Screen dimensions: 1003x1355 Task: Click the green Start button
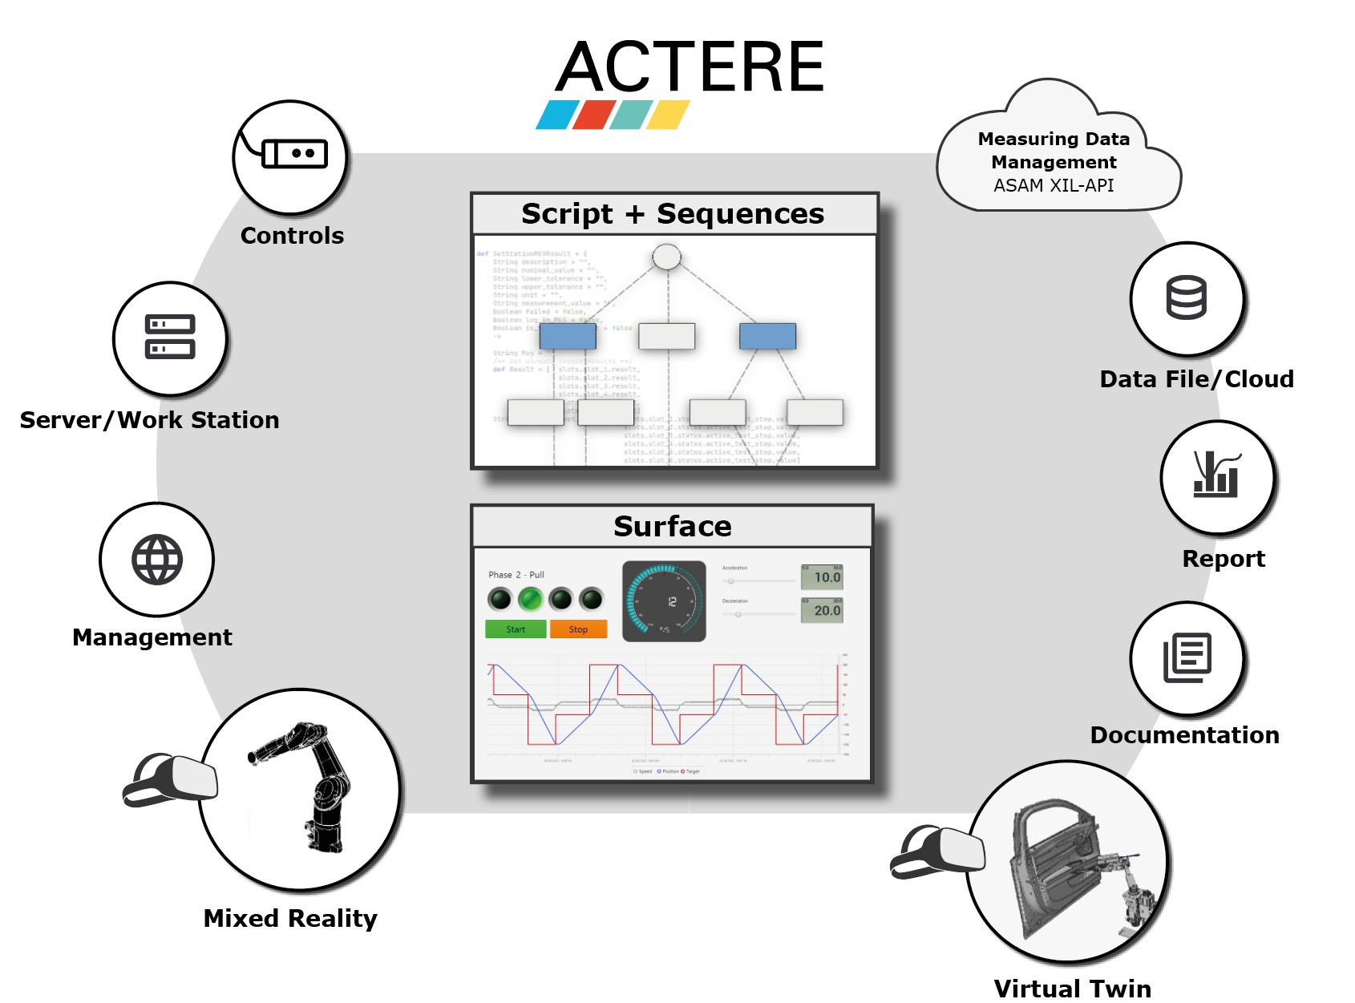click(516, 629)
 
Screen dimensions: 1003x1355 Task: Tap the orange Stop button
click(578, 629)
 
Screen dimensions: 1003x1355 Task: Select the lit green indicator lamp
click(530, 599)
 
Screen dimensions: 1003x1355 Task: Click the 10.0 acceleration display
click(822, 577)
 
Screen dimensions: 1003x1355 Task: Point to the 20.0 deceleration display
click(822, 610)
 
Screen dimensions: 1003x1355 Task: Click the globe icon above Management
click(157, 559)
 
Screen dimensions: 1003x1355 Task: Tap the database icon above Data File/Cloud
click(1186, 297)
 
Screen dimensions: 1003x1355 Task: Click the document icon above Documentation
click(1187, 658)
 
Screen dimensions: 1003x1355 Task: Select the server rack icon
click(170, 337)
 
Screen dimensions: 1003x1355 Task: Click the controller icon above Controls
click(293, 153)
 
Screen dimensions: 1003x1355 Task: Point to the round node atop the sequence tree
click(666, 257)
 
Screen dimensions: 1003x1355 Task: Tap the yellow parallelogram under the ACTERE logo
click(668, 115)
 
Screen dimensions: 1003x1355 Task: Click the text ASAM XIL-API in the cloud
click(1054, 186)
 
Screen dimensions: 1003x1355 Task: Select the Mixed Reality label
click(290, 918)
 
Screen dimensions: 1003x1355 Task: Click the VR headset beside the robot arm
click(170, 779)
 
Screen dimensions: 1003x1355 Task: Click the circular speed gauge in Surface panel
click(664, 601)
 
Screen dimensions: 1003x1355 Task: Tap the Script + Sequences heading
click(673, 214)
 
